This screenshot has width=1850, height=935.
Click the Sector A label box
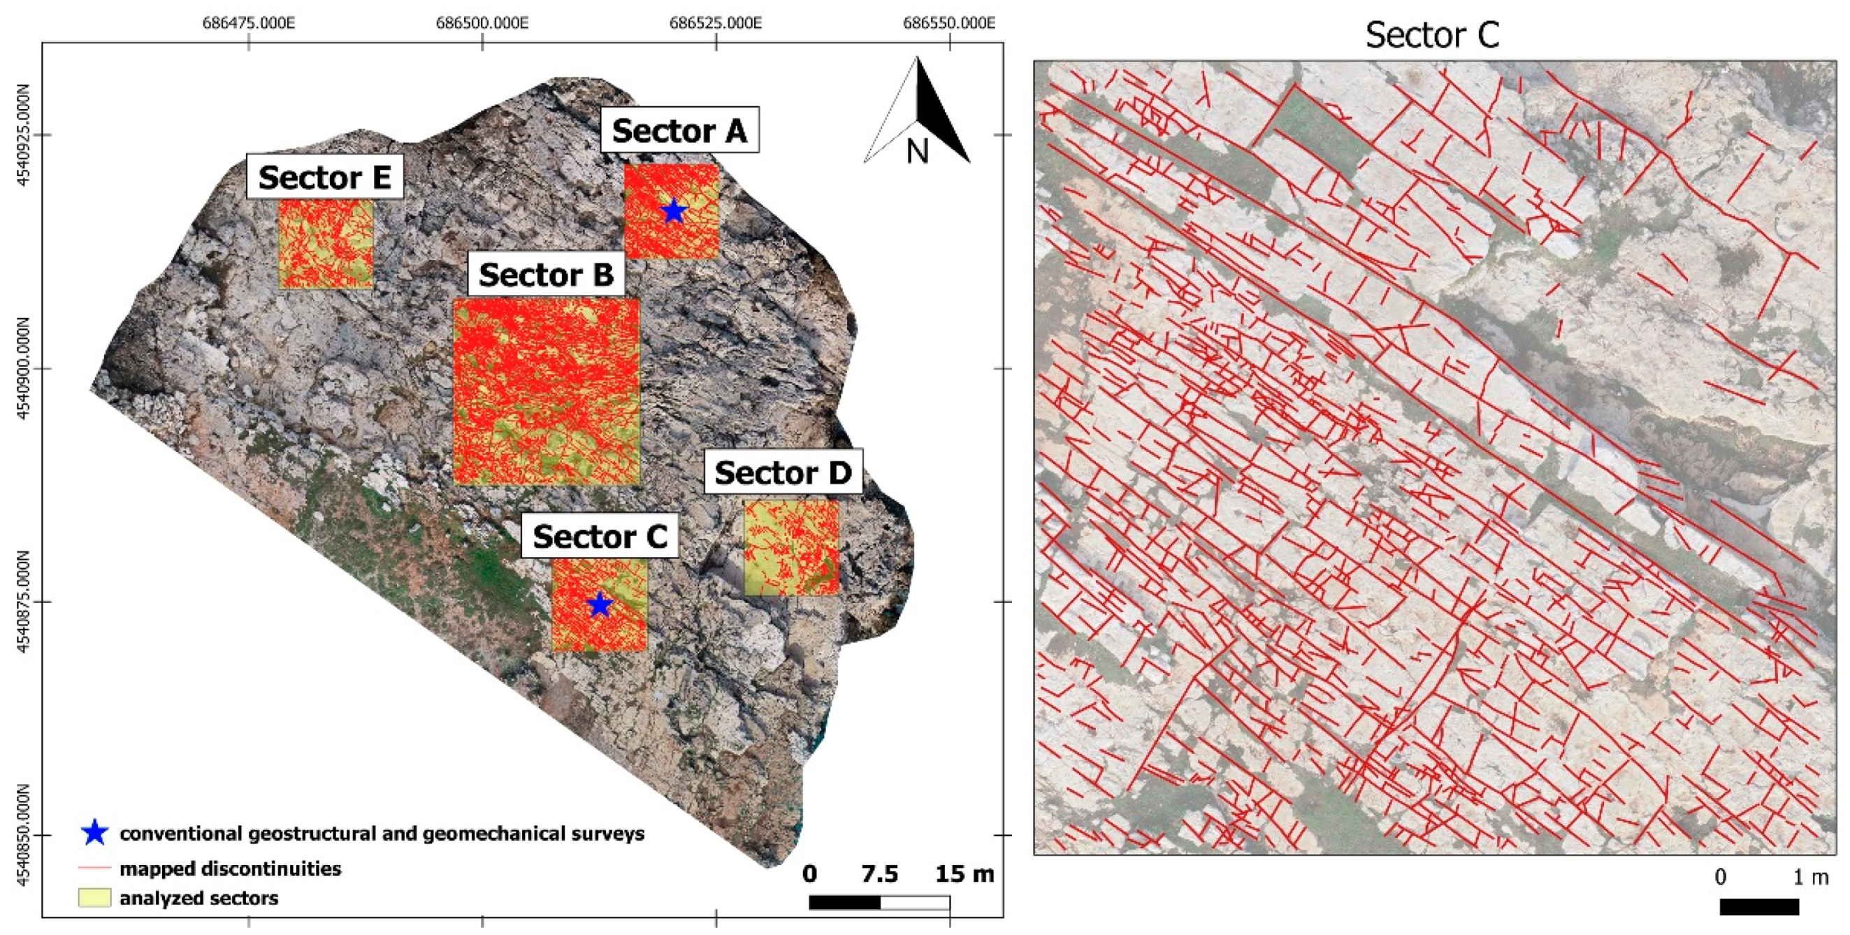(679, 130)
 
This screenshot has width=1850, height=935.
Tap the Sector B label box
(546, 275)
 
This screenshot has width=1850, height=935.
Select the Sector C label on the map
(600, 536)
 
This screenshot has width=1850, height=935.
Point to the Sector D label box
(783, 472)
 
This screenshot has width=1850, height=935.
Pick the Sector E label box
(324, 177)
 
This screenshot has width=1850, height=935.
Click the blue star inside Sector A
(673, 211)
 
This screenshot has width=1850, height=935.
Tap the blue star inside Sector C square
(600, 604)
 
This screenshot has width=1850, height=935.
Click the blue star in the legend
(95, 832)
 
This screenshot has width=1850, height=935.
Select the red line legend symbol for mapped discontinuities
(94, 868)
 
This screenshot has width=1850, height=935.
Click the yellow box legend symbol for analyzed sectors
(94, 898)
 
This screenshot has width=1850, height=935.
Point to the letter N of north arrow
(917, 151)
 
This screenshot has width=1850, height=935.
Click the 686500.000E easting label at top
(482, 23)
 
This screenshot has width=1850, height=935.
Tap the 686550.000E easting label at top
(948, 23)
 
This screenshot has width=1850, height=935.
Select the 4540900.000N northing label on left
(23, 368)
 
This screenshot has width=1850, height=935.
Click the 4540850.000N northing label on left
(23, 835)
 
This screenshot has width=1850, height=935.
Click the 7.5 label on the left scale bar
(879, 874)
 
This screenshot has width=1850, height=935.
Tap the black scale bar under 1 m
(1758, 907)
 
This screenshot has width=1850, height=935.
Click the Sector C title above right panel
(1432, 34)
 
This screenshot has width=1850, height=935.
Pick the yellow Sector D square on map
(791, 548)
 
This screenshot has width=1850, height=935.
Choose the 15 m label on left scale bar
(964, 874)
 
